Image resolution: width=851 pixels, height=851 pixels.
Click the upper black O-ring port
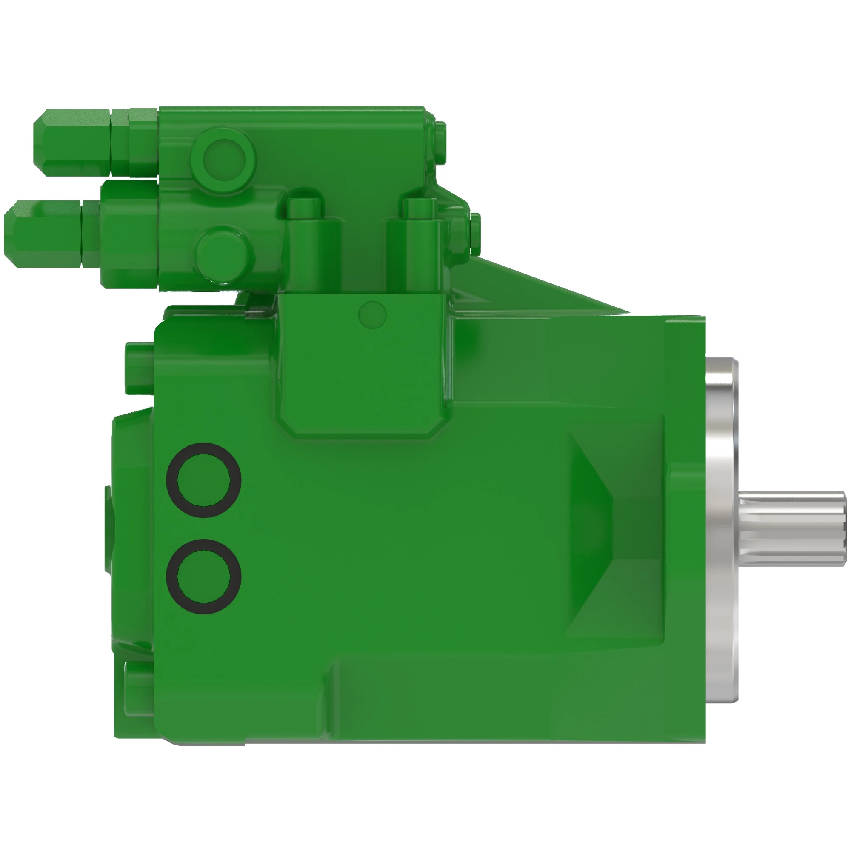click(x=203, y=480)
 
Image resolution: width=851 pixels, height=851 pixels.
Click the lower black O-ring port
click(x=203, y=576)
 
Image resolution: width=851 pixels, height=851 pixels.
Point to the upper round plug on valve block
click(x=224, y=159)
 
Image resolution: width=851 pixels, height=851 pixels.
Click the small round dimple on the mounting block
click(x=373, y=314)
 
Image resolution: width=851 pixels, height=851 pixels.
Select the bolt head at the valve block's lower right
click(x=475, y=234)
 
